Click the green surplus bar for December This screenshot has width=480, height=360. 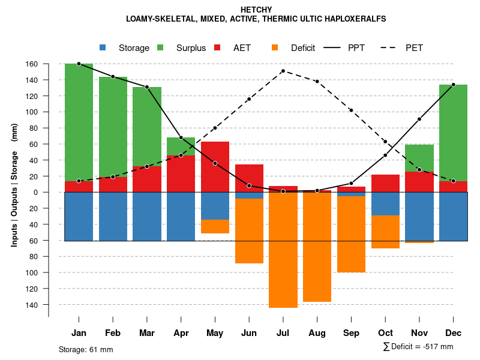click(x=453, y=133)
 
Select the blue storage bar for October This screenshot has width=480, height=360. click(x=385, y=203)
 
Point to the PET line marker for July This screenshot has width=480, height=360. click(x=283, y=71)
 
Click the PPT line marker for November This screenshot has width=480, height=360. click(x=419, y=119)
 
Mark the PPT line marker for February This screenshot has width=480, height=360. click(x=113, y=76)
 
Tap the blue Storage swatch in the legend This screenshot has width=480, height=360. click(x=103, y=48)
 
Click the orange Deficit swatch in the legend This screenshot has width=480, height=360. click(x=275, y=48)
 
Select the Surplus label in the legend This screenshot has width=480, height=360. click(x=191, y=48)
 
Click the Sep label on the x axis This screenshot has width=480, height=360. click(x=351, y=333)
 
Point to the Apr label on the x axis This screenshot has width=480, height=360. click(x=181, y=333)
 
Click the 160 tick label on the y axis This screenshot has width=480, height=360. click(x=49, y=64)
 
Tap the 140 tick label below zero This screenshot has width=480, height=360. click(x=49, y=305)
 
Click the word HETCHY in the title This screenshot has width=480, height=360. click(x=256, y=10)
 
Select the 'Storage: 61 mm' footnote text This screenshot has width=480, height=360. click(x=86, y=349)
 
